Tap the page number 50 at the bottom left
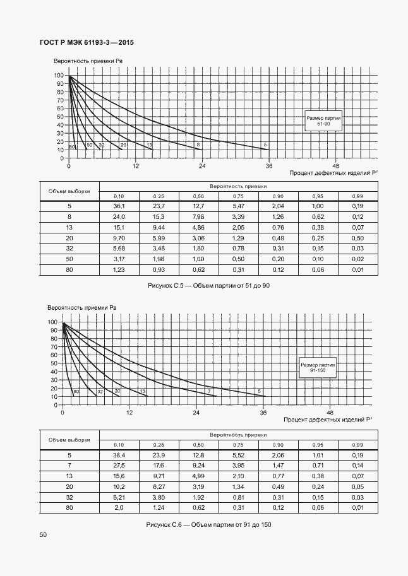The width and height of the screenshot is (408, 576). click(43, 535)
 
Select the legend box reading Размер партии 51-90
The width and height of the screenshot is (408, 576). click(323, 121)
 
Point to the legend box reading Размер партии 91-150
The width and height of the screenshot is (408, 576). click(318, 368)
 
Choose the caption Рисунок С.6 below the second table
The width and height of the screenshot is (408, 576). click(208, 525)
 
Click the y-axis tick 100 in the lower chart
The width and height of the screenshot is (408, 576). click(52, 322)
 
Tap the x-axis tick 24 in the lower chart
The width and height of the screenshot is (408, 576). click(196, 412)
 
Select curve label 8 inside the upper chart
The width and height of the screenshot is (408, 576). click(198, 145)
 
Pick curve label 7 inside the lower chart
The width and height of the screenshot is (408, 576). click(208, 392)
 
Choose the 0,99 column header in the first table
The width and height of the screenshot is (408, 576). click(357, 196)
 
